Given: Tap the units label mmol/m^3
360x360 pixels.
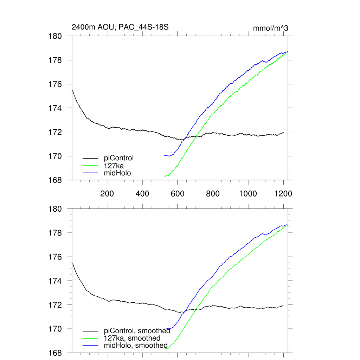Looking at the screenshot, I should click(270, 28).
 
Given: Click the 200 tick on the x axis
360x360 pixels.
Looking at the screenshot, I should click(107, 194).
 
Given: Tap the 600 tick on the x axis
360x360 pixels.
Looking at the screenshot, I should click(178, 194).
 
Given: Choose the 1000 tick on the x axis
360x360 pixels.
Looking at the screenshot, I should click(248, 194).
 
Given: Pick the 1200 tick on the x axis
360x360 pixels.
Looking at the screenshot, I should click(283, 194).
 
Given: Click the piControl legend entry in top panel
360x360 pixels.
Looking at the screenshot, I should click(119, 158).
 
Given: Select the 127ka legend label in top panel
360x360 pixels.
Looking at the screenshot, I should click(113, 165).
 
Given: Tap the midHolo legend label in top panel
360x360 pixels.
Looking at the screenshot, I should click(117, 173).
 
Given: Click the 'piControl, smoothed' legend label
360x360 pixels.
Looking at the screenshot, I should click(137, 331).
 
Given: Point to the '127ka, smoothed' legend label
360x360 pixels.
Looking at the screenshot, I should click(132, 338).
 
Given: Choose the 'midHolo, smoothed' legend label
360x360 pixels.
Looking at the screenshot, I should click(136, 346).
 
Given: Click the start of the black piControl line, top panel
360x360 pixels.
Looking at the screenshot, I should click(72, 90).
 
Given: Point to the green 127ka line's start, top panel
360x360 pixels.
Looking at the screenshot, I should click(165, 176).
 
